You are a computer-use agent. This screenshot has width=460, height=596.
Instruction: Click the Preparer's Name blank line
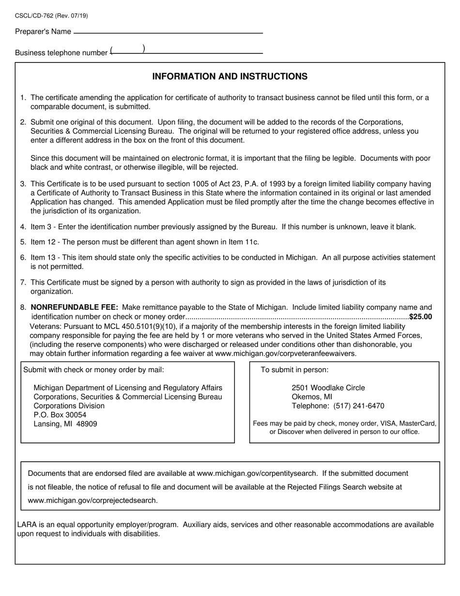click(168, 31)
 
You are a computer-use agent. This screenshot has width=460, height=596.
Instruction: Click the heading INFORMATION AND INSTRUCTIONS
click(230, 77)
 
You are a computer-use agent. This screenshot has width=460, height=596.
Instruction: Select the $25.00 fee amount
click(421, 317)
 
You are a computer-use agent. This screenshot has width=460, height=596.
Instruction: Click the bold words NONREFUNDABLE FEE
click(74, 307)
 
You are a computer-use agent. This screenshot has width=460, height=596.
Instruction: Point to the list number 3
click(23, 184)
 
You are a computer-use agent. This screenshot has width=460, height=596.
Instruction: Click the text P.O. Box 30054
click(60, 415)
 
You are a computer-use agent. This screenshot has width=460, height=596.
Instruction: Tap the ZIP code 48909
click(87, 424)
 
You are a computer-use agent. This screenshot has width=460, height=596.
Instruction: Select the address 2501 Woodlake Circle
click(328, 388)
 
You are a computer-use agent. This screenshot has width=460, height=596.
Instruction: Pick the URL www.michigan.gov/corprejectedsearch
click(92, 501)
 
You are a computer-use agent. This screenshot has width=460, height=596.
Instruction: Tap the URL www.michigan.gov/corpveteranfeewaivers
click(285, 353)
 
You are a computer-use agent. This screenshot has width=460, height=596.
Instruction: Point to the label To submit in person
click(294, 370)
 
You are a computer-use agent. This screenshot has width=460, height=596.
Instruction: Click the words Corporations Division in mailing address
click(69, 406)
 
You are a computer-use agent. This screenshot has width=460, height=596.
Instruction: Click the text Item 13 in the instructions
click(44, 257)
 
